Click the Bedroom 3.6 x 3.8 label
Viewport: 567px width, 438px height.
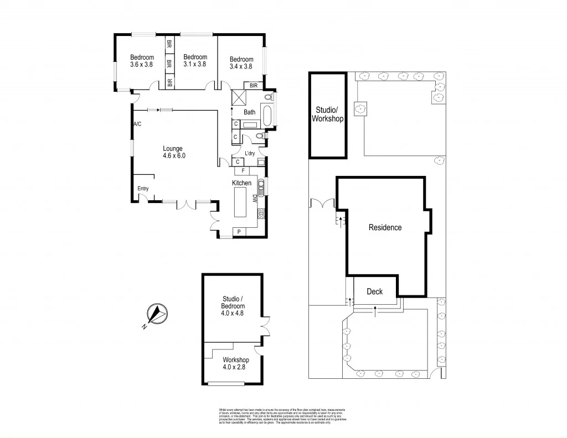point(142,61)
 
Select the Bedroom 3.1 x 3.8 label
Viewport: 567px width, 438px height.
point(195,61)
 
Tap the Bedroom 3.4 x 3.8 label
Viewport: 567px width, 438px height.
point(241,63)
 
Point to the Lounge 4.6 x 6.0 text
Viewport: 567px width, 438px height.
point(173,152)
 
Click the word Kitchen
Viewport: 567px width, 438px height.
point(241,183)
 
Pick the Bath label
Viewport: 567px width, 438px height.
point(250,112)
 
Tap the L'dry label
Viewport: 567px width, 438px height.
point(250,153)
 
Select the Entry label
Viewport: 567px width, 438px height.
point(143,189)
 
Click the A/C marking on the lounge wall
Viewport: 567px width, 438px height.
point(137,124)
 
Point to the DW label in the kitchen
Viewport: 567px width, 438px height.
point(255,199)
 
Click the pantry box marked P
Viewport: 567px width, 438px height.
point(239,232)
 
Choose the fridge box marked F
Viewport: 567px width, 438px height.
point(243,171)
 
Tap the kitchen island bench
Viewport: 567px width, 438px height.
point(241,203)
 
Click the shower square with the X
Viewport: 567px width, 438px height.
point(240,98)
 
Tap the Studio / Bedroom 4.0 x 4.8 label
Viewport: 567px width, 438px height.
point(232,306)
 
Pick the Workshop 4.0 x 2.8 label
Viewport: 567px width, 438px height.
point(233,363)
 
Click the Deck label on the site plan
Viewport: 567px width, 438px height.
point(375,292)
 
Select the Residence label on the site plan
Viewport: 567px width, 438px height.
point(385,227)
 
